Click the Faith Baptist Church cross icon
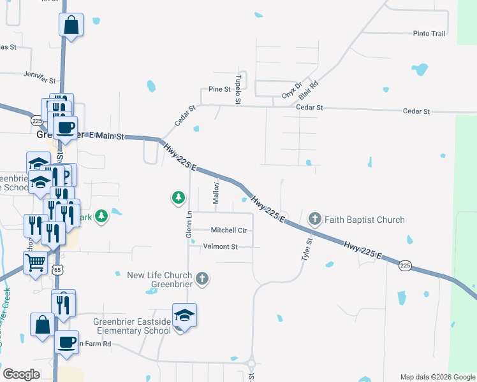coord(314,220)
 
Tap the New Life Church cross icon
coord(202,278)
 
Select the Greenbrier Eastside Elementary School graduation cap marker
coord(185,316)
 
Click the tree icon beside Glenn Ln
coord(179,199)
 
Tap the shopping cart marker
coord(36,261)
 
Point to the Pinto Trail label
coord(429,34)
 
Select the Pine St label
coord(219,89)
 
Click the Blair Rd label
coord(309,83)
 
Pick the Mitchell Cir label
coord(228,230)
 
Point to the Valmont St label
coord(220,246)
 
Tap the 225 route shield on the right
coord(406,265)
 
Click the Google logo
coord(22,374)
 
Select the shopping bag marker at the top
coord(71,25)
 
